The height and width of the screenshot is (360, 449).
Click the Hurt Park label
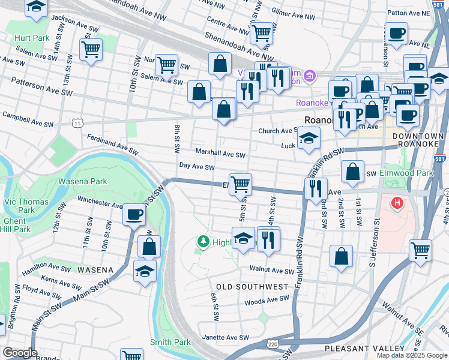(x=32, y=38)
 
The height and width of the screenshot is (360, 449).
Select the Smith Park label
(x=170, y=342)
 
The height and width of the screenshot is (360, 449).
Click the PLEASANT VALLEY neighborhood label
(x=364, y=348)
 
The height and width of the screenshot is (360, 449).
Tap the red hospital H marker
(x=396, y=203)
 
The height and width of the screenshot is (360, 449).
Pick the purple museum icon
(x=309, y=76)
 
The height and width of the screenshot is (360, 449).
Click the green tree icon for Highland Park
(x=203, y=242)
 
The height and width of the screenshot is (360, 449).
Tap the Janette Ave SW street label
(x=226, y=337)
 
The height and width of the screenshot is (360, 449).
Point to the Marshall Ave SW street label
(x=220, y=154)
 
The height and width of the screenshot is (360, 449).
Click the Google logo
(x=20, y=353)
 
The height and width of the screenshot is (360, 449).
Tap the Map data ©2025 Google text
(x=412, y=355)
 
